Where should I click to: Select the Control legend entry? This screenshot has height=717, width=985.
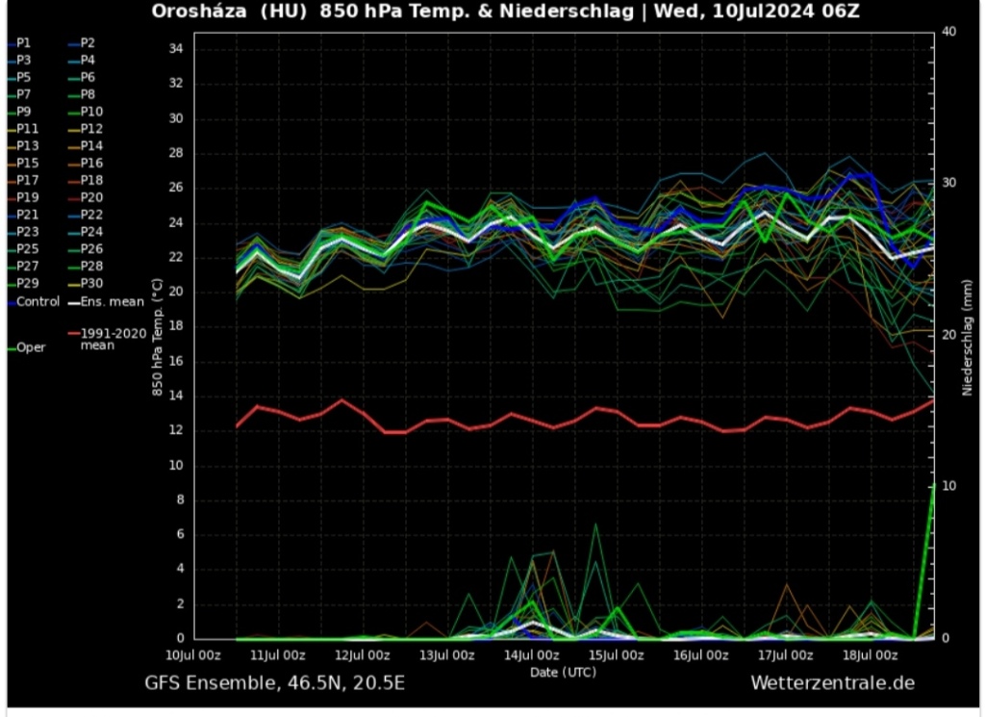coord(38,301)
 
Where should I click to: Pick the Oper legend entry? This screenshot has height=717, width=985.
coord(31,347)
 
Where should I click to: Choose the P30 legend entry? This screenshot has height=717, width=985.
coord(90,283)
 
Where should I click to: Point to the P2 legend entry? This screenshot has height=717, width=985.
coord(87,43)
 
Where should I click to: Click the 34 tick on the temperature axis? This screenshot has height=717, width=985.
coord(175,49)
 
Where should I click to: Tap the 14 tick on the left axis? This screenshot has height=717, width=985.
coord(175,396)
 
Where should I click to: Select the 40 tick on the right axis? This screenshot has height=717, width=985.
coord(948,32)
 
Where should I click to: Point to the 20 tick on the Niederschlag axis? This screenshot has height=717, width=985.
coord(948,335)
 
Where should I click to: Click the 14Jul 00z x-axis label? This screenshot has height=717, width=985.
coord(531,655)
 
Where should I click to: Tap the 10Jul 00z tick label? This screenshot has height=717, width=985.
coord(192,655)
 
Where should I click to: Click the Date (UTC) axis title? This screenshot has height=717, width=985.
coord(563,672)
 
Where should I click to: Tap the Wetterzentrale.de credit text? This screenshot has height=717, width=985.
coord(832,683)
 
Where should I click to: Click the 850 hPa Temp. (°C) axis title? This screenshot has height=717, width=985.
coord(157,339)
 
